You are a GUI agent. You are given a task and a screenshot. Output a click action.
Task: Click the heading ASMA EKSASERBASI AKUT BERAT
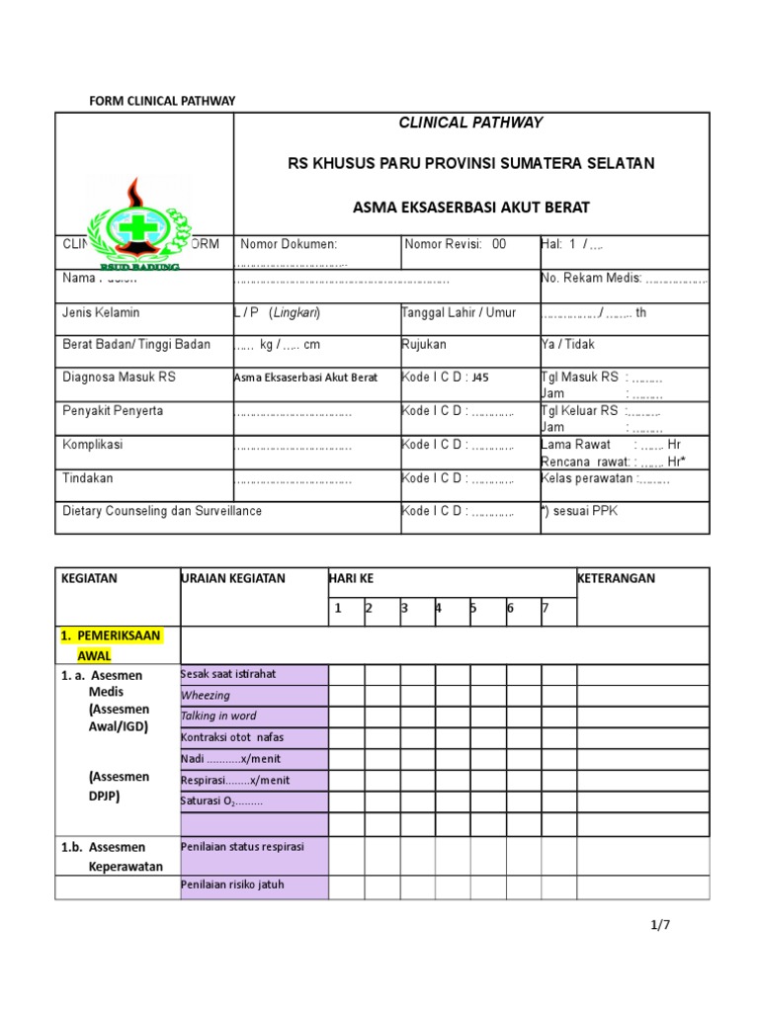tap(470, 208)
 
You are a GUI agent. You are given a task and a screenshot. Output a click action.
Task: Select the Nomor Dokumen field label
tap(290, 244)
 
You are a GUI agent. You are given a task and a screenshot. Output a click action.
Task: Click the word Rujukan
tap(424, 345)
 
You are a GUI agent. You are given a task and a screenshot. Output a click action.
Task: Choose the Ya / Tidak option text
tap(568, 345)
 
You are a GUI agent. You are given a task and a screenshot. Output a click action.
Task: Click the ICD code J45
tap(480, 378)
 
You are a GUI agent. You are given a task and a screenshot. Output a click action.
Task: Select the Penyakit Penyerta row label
tap(113, 410)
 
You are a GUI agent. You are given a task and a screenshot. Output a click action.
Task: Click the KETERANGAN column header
tap(617, 579)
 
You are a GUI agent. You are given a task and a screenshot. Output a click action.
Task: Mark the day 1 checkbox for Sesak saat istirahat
tap(347, 675)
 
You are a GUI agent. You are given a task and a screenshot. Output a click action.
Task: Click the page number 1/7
tap(660, 926)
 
